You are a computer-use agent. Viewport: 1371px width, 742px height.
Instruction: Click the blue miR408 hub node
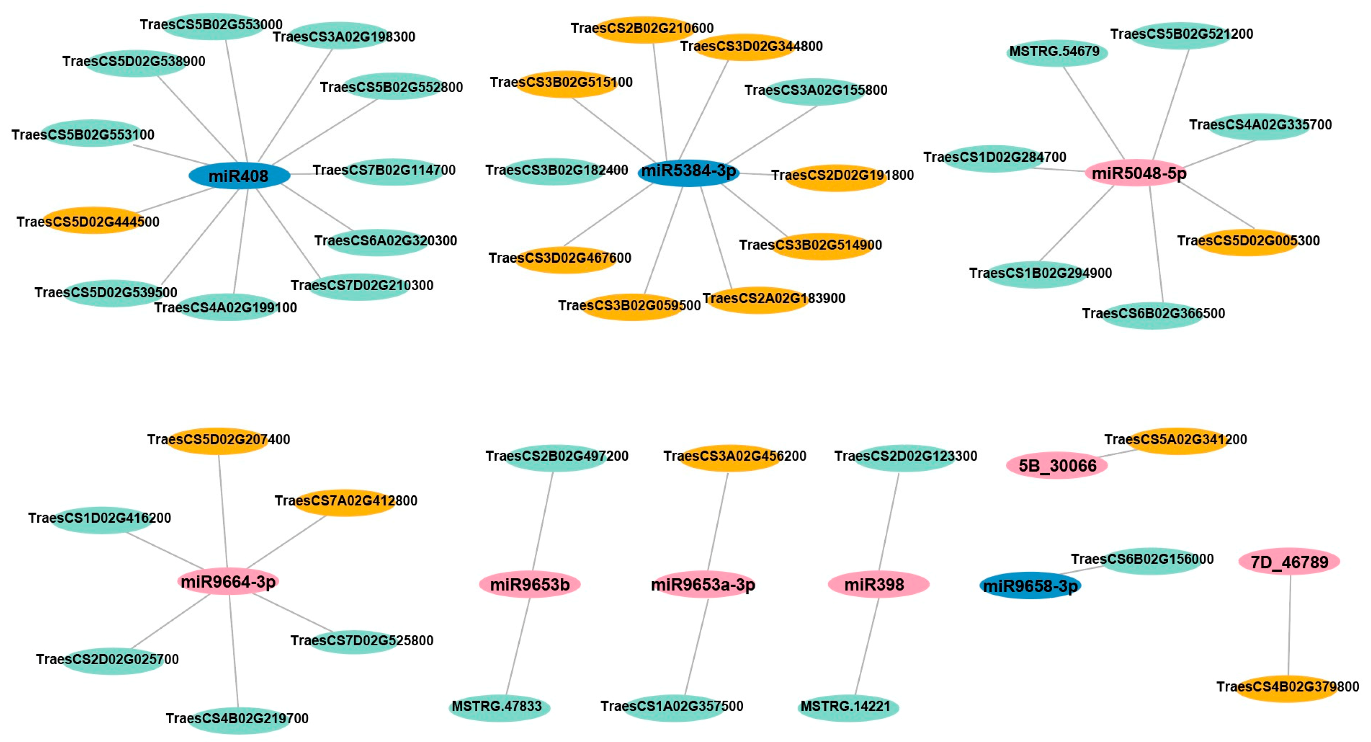tap(239, 175)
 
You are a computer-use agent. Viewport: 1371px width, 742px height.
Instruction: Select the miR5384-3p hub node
tap(688, 172)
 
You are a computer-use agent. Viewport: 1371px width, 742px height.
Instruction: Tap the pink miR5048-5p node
tap(1138, 173)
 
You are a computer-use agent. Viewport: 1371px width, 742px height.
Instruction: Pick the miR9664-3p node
tap(228, 581)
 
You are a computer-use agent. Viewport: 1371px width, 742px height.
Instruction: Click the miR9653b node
tap(530, 584)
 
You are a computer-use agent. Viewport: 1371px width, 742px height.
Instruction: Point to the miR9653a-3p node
tap(703, 584)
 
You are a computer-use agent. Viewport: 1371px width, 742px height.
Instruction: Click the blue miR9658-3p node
tap(1030, 586)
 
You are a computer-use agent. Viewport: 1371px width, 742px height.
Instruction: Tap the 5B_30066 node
tap(1057, 465)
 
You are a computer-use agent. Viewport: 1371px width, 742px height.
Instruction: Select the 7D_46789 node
tap(1289, 561)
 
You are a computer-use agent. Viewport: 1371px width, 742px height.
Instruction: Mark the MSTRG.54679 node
tap(1057, 53)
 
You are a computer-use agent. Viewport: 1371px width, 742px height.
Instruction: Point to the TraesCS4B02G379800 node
tap(1287, 688)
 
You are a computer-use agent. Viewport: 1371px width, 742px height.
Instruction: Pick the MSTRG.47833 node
tap(499, 708)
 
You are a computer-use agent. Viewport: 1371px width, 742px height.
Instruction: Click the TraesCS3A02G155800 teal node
tap(816, 92)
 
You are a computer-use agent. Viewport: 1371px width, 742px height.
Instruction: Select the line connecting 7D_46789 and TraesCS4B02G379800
tap(1289, 625)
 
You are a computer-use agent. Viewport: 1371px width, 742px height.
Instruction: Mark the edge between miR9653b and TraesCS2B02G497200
tap(542, 522)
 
